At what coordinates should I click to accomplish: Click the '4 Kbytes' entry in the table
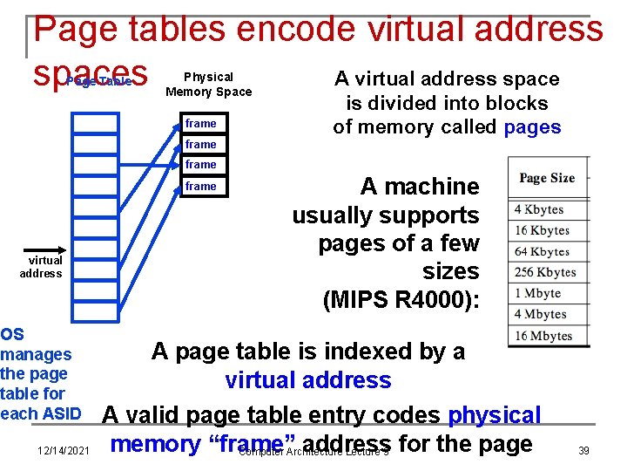[x=539, y=209]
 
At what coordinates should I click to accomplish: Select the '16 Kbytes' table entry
[x=542, y=230]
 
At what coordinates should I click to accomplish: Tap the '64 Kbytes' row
[x=542, y=252]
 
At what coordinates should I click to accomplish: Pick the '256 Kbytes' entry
[x=545, y=273]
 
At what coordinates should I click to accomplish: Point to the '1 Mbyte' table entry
[x=537, y=294]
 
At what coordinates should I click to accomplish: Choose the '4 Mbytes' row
[x=540, y=315]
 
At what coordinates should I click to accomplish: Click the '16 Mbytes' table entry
[x=543, y=336]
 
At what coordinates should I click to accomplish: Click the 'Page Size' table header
[x=547, y=178]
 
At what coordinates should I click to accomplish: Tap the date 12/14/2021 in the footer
[x=64, y=451]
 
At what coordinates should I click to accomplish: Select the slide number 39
[x=583, y=451]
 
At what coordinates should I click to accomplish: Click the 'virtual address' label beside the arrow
[x=42, y=267]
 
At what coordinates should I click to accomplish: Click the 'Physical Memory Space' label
[x=208, y=85]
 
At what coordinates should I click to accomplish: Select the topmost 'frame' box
[x=200, y=124]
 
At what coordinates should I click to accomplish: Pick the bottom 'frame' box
[x=200, y=186]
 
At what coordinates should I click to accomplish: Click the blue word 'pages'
[x=533, y=127]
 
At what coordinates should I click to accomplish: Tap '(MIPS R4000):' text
[x=401, y=301]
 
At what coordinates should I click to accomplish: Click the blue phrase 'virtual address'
[x=308, y=380]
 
